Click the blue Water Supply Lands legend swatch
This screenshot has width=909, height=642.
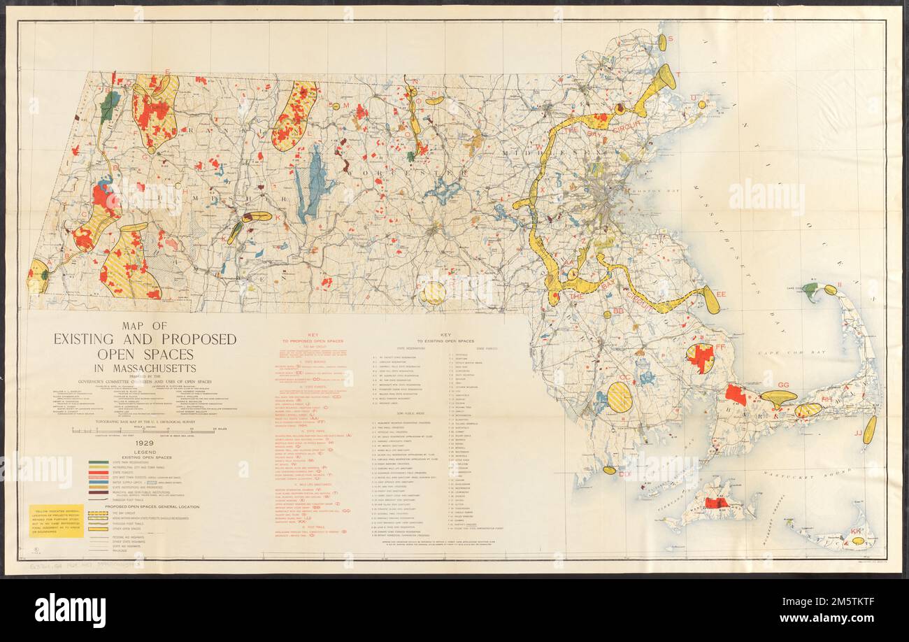(x=98, y=480)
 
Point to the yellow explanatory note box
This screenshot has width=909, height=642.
(x=57, y=520)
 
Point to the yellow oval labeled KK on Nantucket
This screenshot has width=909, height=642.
(x=857, y=540)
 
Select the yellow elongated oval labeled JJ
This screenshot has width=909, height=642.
(x=868, y=429)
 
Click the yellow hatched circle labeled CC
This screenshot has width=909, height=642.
(x=619, y=397)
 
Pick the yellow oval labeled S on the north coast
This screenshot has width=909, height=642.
(x=661, y=43)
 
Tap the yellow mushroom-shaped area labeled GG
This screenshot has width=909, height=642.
(x=777, y=398)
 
